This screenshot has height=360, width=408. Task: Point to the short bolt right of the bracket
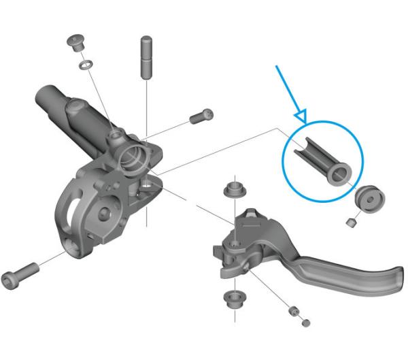(200, 117)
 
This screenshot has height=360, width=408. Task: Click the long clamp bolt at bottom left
(19, 278)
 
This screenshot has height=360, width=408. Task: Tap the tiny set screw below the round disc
(351, 223)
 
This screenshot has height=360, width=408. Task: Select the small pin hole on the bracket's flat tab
(147, 183)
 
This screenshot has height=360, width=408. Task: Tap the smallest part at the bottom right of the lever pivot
(306, 321)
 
